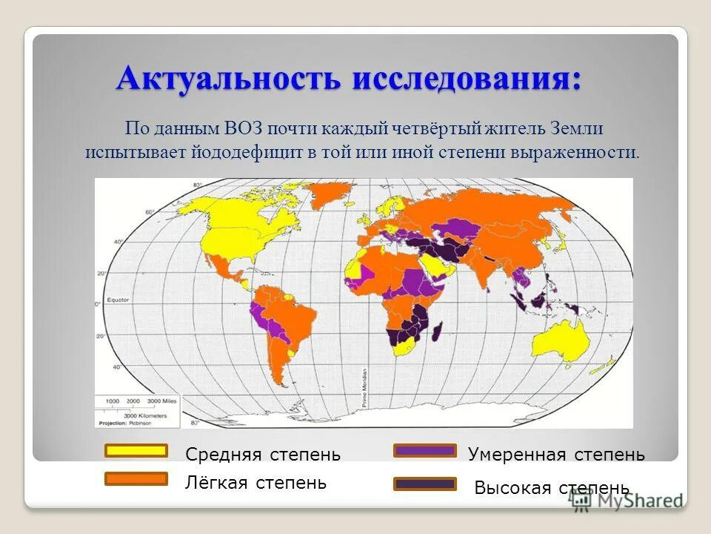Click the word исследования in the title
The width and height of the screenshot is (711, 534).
coord(467,79)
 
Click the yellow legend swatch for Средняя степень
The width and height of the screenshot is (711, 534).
coord(136,451)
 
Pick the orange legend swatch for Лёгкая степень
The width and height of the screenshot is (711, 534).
coord(136,479)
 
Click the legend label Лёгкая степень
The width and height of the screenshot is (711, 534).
coord(256,483)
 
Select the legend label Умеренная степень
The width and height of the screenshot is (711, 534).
coord(556,455)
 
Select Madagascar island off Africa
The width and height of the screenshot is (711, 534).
coord(438,329)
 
